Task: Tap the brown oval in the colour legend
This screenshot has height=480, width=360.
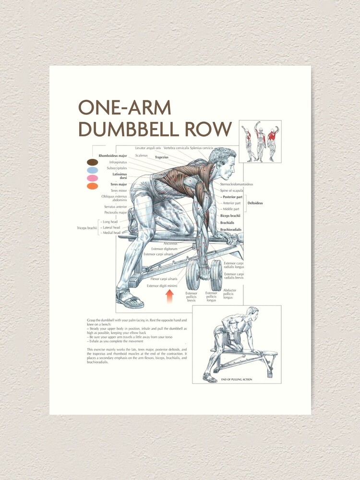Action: (x=93, y=162)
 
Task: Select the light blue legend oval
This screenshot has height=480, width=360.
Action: (x=93, y=170)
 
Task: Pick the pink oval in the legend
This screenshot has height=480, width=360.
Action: (x=93, y=178)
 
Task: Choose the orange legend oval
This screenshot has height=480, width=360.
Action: (x=93, y=186)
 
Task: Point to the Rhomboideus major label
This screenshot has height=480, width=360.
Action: (x=113, y=156)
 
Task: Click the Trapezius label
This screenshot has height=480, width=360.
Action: (x=161, y=157)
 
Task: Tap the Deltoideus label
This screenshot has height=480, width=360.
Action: (x=255, y=203)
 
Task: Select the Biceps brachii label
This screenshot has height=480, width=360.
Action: (x=230, y=216)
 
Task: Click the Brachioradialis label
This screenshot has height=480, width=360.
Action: (x=231, y=230)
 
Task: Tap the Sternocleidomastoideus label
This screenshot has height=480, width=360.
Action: (x=237, y=184)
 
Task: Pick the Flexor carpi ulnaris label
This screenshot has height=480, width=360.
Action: (x=164, y=279)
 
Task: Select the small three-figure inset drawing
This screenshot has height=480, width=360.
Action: (x=260, y=142)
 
